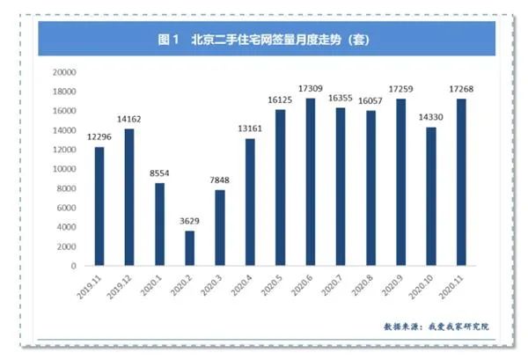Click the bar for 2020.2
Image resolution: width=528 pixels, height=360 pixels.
(x=189, y=248)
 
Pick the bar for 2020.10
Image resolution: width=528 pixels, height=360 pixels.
(x=431, y=196)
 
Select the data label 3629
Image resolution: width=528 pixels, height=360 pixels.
(x=189, y=222)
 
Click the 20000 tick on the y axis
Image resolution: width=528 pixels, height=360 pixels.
(x=66, y=72)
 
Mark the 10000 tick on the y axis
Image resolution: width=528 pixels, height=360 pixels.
(x=66, y=169)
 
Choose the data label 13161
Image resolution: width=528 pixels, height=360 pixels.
(x=250, y=129)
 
